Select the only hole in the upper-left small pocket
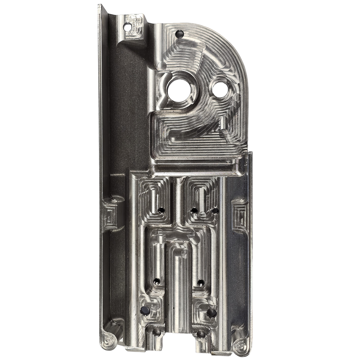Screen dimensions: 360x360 (162, 211)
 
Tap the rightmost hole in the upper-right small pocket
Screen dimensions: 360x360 (215, 211)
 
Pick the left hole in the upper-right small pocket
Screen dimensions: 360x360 (194, 211)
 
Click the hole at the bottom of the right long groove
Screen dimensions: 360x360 (200, 282)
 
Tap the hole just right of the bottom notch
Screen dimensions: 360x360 (201, 332)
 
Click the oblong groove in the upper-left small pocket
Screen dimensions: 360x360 (154, 200)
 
